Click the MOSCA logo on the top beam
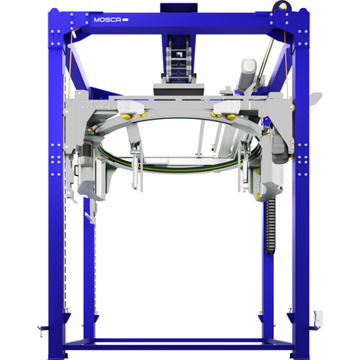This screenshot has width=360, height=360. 111,19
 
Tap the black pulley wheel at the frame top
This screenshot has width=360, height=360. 280,6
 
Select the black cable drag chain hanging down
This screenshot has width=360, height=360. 270,227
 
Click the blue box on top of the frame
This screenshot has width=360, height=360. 178,8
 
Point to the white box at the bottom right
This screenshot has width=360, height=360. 318,319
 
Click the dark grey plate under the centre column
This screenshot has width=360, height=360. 178,89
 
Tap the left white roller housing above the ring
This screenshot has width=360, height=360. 130,107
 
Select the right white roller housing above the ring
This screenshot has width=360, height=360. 227,107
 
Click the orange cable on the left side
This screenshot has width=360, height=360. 70,64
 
